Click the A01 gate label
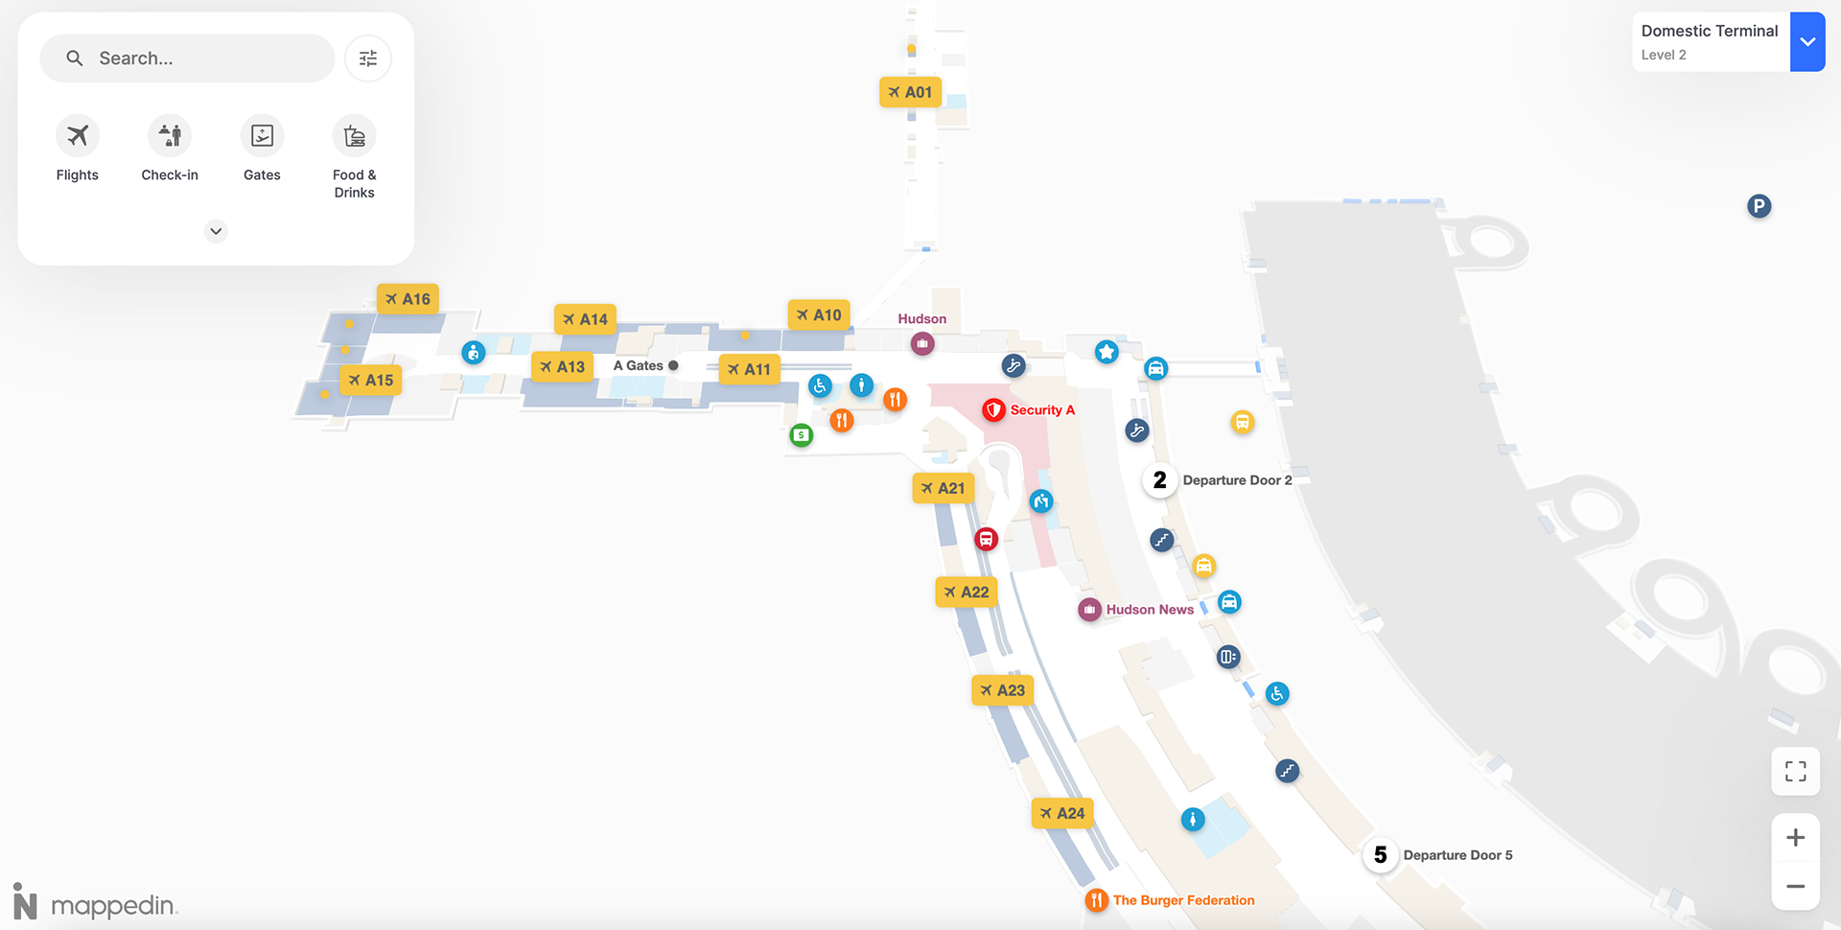pos(910,92)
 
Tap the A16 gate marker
pos(408,299)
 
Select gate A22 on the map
pos(967,593)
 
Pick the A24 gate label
pos(1062,814)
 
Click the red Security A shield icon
pos(993,410)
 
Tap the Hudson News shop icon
pos(1089,610)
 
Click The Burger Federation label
pos(1183,900)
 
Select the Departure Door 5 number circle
pos(1381,855)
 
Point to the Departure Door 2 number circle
pos(1160,480)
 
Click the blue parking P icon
pos(1759,206)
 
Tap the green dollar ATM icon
pos(801,435)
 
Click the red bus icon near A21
pos(986,539)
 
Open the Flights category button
pos(78,136)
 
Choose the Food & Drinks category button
pos(354,136)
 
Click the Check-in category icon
pos(170,136)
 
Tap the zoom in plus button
pos(1795,838)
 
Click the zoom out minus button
pos(1795,887)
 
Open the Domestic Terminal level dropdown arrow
pos(1807,42)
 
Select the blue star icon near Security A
pos(1107,352)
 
